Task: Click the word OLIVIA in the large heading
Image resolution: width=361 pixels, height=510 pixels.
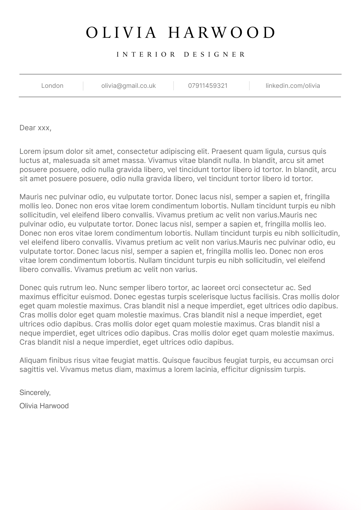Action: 121,33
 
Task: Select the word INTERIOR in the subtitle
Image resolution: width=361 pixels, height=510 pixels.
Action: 146,55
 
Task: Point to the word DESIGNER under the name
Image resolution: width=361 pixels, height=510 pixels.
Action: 214,55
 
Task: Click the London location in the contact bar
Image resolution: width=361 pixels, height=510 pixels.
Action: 52,86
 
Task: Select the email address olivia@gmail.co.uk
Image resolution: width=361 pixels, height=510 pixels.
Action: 128,86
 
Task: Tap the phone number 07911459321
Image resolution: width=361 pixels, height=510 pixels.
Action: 208,86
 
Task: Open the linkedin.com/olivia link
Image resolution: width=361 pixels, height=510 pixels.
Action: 293,86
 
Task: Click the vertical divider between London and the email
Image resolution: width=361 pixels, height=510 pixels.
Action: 83,86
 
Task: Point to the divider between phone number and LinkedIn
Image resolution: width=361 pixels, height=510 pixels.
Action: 249,86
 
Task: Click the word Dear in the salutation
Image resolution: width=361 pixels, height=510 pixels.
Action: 28,128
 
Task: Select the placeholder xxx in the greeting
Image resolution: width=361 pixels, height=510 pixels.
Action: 44,128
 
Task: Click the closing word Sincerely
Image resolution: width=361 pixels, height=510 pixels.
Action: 35,392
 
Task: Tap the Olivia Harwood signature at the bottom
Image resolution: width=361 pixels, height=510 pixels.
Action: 44,406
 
